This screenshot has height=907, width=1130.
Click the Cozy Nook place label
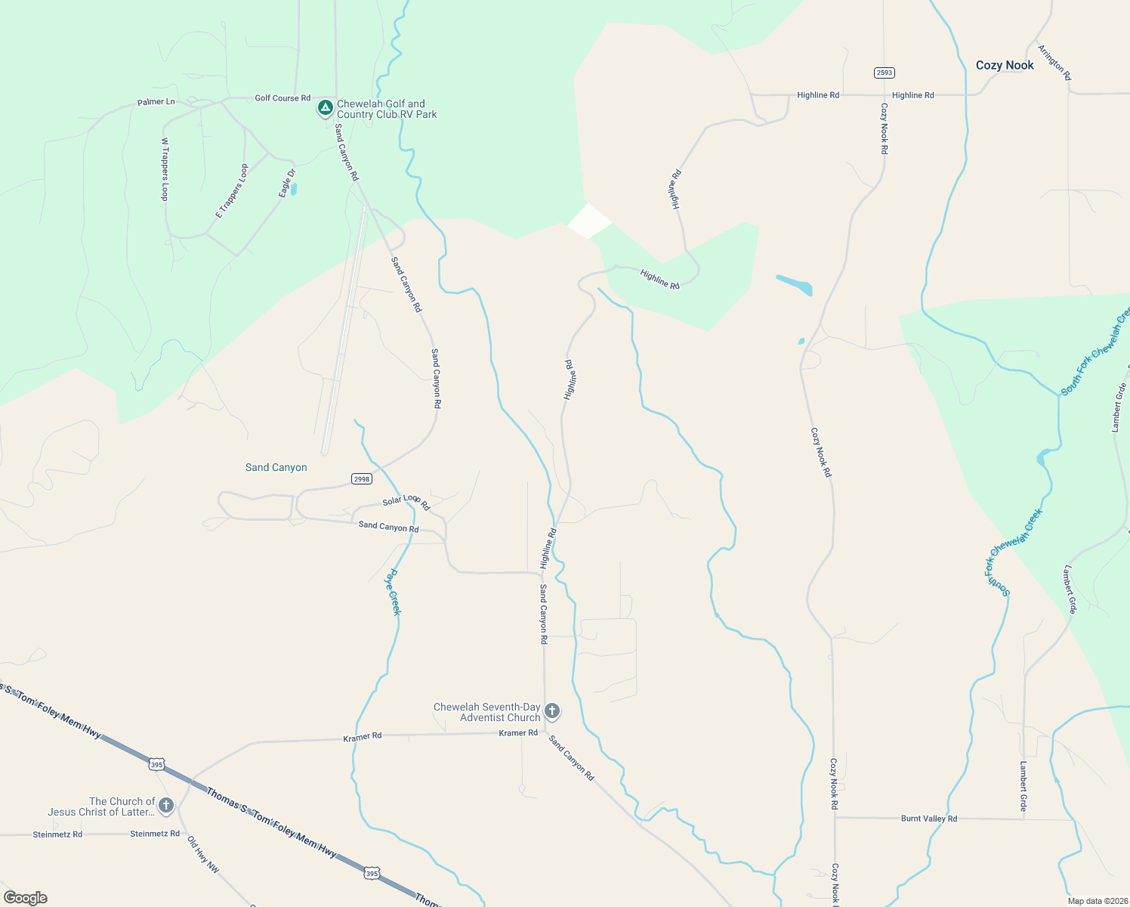point(1005,66)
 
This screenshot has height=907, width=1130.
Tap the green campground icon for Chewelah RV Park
point(325,109)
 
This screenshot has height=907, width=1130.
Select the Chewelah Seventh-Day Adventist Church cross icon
point(552,711)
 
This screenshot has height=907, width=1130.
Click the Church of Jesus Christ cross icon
point(165,806)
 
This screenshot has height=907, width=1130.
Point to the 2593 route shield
point(884,73)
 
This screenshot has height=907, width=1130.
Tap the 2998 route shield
point(362,478)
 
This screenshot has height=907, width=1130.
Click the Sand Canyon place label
point(276,468)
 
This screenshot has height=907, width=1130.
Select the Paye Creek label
point(394,592)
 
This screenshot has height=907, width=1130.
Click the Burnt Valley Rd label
point(928,819)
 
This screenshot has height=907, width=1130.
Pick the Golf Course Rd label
point(282,98)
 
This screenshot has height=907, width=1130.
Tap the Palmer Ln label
point(156,102)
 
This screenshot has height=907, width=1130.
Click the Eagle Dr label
point(287,183)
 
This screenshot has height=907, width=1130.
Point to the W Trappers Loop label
point(165,169)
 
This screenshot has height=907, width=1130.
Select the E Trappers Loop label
point(232,191)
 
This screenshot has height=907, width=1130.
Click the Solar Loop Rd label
point(406,501)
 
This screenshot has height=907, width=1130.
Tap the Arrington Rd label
point(1054,63)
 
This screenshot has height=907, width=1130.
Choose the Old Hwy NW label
point(203,855)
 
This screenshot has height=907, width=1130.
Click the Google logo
point(26,898)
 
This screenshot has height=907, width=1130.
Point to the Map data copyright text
point(1096,901)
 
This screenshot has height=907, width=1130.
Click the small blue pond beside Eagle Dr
point(293,189)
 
